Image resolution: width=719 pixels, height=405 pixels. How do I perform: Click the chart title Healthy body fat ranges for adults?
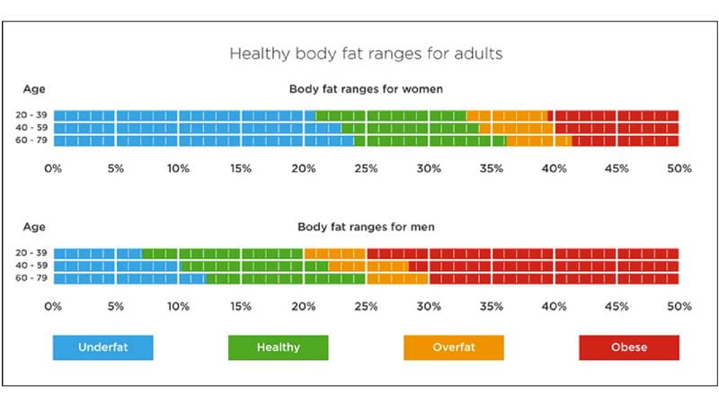[366, 54]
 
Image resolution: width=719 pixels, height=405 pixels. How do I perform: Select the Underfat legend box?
[102, 347]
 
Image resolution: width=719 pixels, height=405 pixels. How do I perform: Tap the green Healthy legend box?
[278, 347]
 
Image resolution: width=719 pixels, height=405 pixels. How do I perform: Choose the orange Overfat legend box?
[453, 347]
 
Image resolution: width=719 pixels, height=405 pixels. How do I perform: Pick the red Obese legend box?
[628, 347]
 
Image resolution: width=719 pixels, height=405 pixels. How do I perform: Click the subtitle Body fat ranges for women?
[365, 89]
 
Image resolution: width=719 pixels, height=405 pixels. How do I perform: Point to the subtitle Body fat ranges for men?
[365, 228]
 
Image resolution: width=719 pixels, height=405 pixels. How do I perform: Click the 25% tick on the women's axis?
[366, 168]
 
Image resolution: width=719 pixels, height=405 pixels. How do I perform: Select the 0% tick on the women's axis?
[53, 168]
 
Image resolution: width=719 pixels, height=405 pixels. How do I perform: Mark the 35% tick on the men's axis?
[491, 307]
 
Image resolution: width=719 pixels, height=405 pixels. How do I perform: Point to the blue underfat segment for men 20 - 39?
[97, 254]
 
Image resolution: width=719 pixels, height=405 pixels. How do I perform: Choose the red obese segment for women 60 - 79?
[625, 140]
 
